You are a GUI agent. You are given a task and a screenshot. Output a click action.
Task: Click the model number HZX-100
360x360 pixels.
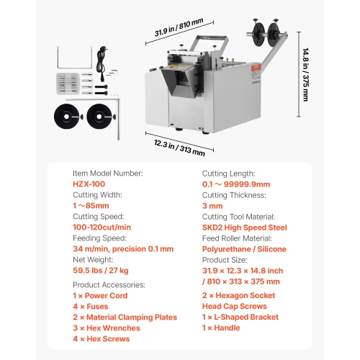click(89, 184)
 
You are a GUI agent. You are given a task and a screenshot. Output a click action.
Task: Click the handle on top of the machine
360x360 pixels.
click(208, 40)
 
